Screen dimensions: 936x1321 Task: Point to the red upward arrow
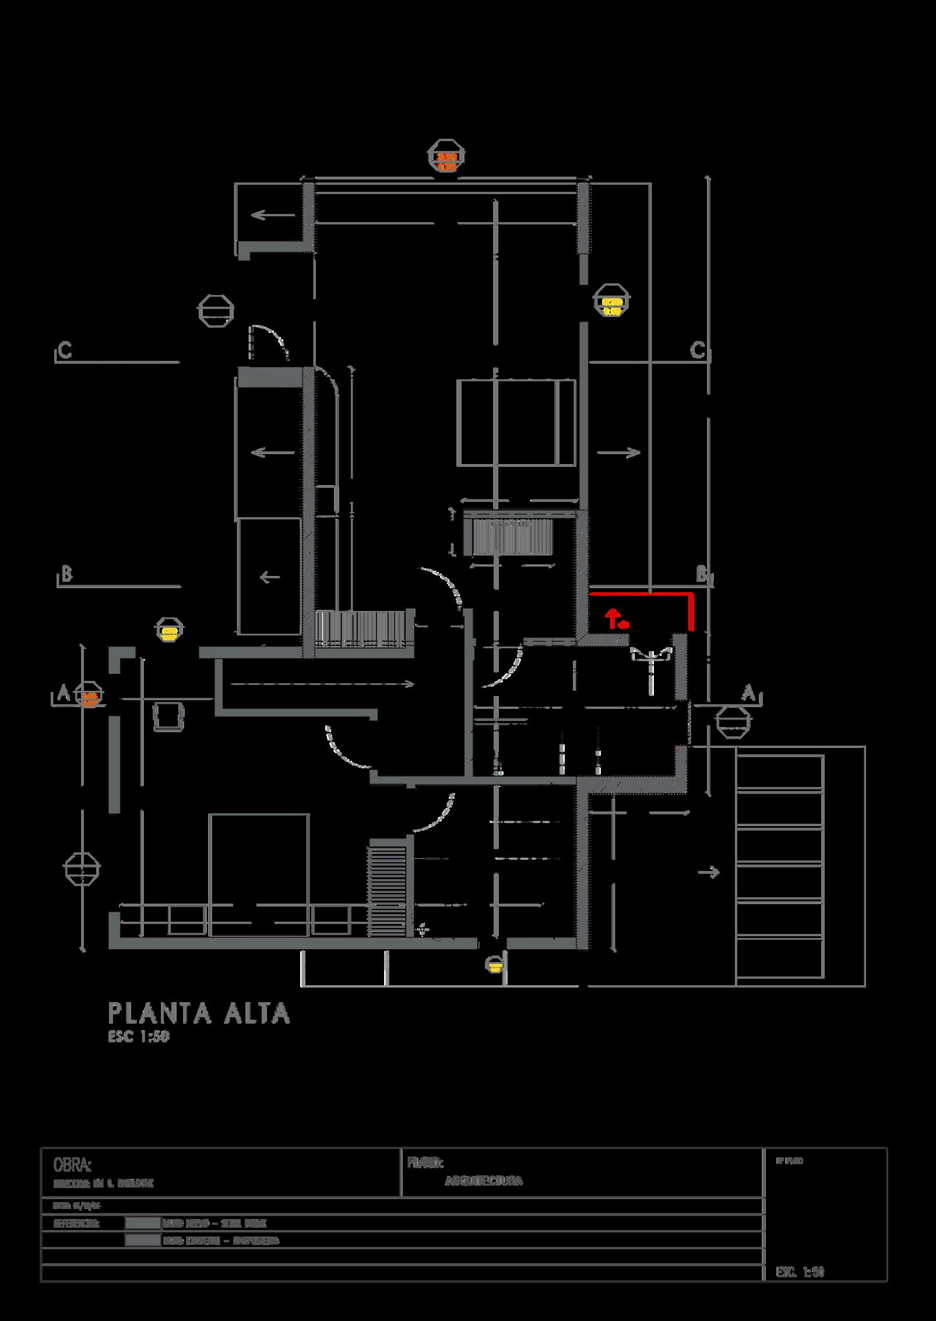click(612, 619)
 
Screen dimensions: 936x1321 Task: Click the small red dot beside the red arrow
click(624, 625)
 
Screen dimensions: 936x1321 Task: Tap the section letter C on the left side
click(65, 352)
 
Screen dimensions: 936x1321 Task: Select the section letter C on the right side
click(697, 351)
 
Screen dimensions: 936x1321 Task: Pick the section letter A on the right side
click(748, 694)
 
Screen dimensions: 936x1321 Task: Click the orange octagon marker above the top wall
click(446, 156)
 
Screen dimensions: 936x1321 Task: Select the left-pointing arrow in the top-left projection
click(273, 216)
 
